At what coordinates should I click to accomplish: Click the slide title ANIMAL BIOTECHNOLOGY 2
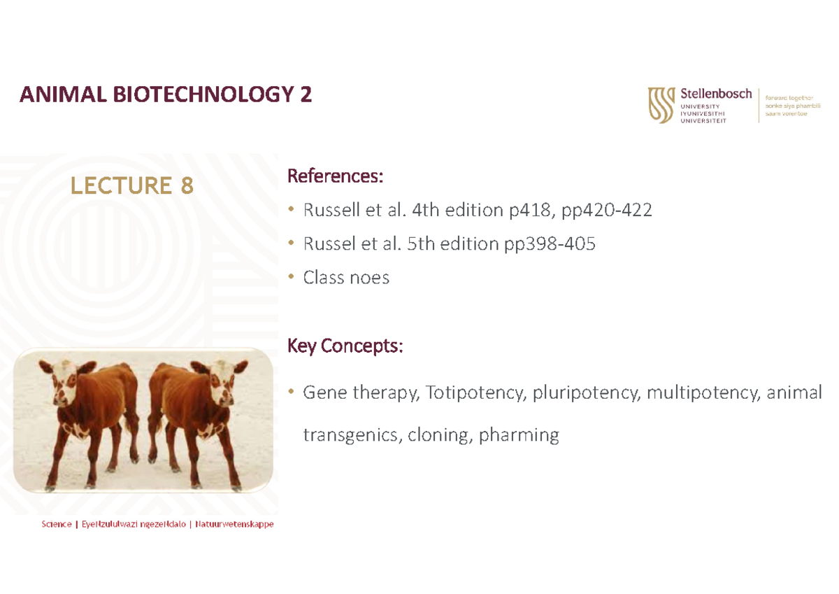coord(166,94)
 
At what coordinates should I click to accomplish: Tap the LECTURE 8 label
coord(131,185)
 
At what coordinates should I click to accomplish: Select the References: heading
coord(335,176)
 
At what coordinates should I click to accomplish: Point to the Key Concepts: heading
coord(345,346)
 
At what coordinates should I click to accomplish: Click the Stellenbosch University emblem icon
coord(661,105)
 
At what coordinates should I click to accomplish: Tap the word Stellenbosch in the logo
coord(716,93)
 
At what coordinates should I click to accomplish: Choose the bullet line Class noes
coord(346,278)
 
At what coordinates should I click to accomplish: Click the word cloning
coord(437,435)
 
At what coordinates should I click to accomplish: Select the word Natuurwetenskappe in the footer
coord(234,524)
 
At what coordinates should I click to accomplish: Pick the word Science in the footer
coord(56,524)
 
